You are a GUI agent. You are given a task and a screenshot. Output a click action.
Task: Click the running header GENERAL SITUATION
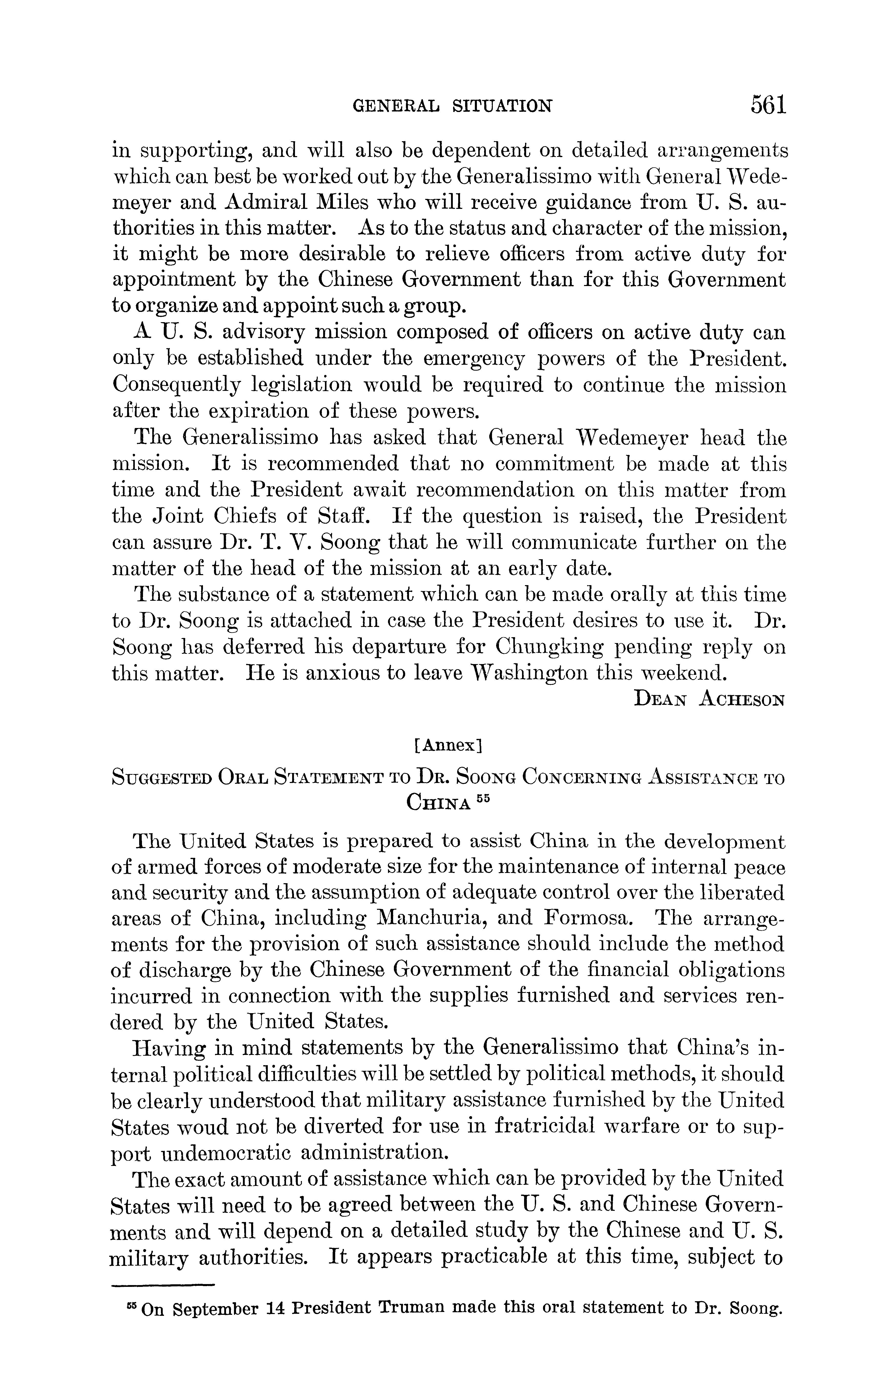pyautogui.click(x=452, y=106)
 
